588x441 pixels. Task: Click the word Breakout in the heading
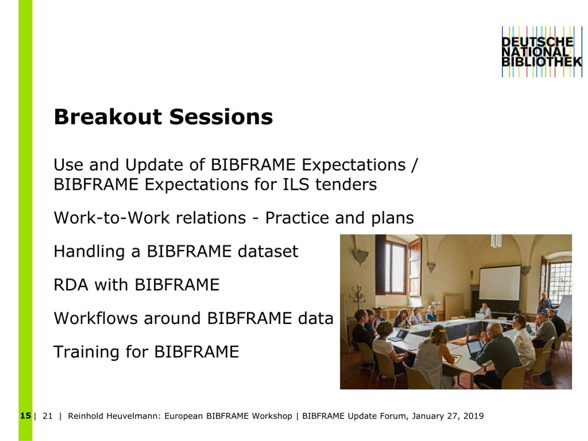point(108,117)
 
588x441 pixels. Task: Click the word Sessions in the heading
point(221,117)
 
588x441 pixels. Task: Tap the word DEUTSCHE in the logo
point(537,42)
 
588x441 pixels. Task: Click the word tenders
point(346,184)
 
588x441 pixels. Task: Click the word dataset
point(268,251)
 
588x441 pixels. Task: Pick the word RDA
point(71,285)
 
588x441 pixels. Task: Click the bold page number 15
point(25,416)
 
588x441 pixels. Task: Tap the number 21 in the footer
point(48,416)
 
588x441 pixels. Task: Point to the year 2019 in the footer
point(473,416)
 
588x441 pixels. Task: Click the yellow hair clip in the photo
point(441,331)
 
